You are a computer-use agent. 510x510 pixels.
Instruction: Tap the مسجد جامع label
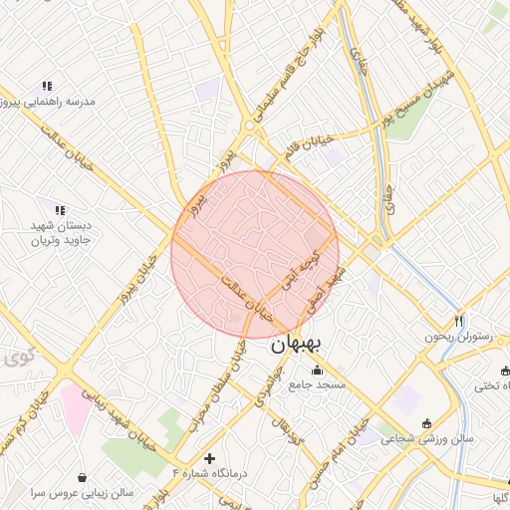point(317,383)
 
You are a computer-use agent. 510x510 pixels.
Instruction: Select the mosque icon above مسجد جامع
point(317,371)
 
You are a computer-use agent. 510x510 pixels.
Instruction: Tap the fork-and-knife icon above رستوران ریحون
point(458,321)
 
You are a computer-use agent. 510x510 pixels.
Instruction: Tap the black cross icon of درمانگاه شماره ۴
point(208,458)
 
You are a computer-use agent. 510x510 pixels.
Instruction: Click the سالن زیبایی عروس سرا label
point(82,492)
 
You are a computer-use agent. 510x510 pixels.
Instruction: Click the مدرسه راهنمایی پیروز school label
point(48,102)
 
